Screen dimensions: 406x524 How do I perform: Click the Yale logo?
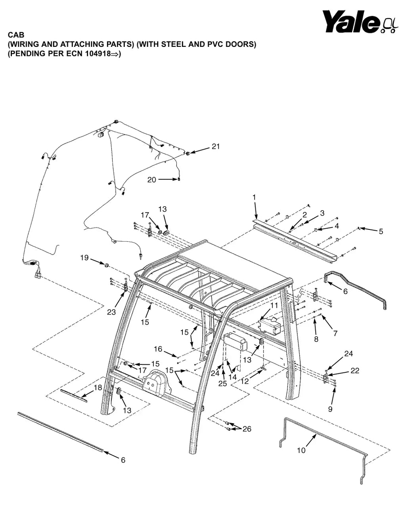click(360, 22)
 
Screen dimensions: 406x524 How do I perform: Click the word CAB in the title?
click(16, 35)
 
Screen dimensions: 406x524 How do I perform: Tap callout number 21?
click(216, 146)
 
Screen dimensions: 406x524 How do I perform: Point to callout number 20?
click(152, 180)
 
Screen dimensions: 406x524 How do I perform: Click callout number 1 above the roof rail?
click(254, 197)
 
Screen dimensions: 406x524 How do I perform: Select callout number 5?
click(381, 231)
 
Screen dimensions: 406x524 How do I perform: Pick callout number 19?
click(84, 258)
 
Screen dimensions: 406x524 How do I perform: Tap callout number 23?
click(111, 312)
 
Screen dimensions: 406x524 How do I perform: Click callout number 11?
click(274, 305)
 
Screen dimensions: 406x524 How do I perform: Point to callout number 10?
click(301, 450)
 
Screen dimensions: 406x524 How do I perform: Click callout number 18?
click(98, 387)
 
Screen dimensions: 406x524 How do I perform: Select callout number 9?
click(330, 409)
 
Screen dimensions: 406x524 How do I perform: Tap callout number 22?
click(355, 370)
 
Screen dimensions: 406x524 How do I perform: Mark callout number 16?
click(158, 349)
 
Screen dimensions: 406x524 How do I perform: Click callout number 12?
click(245, 381)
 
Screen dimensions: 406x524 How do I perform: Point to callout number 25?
click(222, 383)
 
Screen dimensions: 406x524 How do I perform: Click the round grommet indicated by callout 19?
click(106, 265)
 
